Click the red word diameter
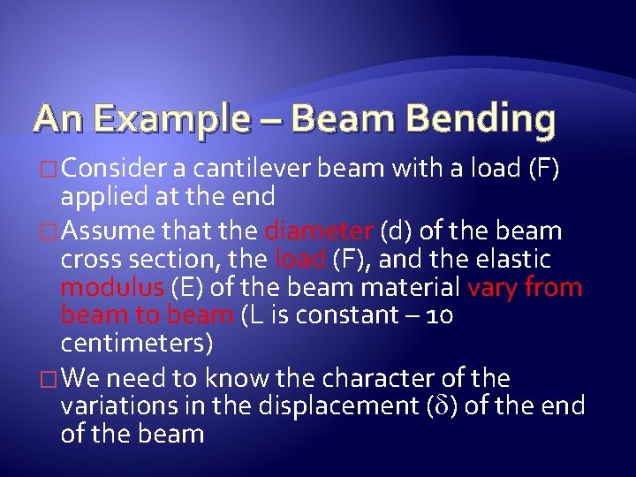pos(319,231)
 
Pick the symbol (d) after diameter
pos(397,231)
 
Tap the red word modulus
pos(112,288)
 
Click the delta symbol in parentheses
pos(445,407)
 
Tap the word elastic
pos(508,260)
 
